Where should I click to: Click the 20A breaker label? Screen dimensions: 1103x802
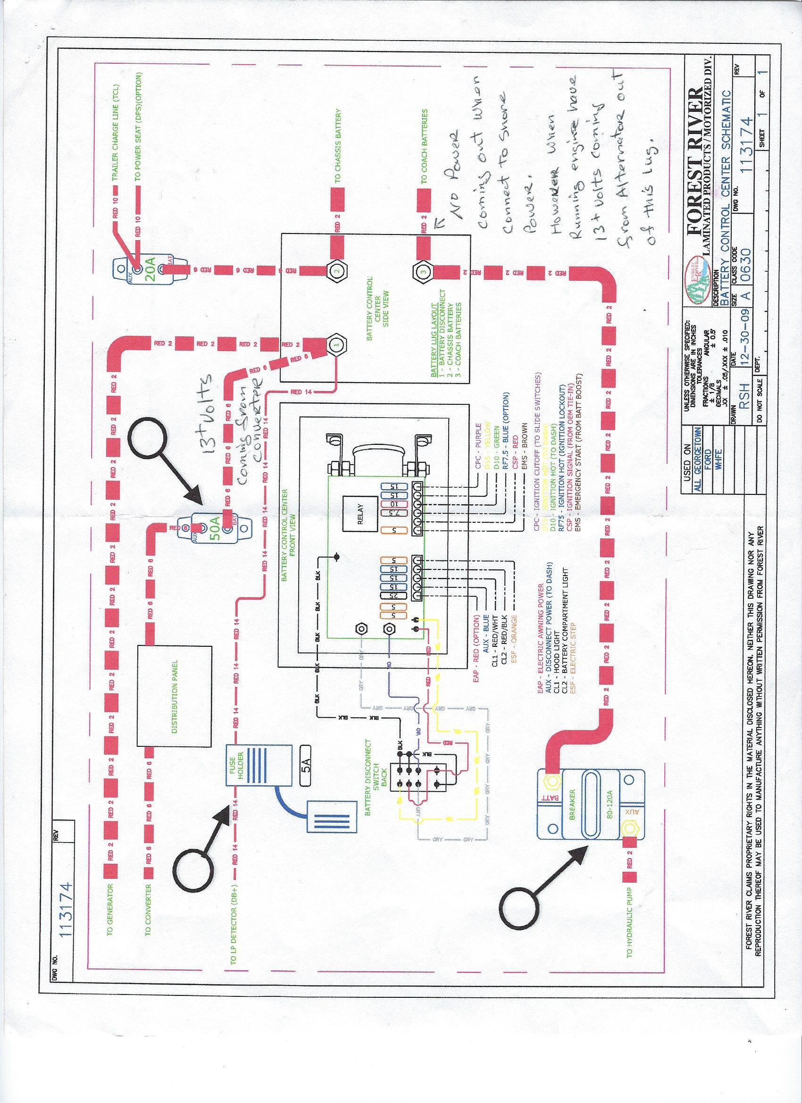click(150, 269)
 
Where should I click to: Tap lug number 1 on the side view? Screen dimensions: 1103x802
click(336, 344)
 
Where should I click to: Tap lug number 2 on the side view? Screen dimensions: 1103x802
click(337, 270)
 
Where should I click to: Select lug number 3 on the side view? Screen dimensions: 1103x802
click(423, 271)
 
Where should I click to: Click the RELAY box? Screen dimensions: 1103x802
click(360, 514)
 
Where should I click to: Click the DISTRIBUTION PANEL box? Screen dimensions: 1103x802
click(174, 696)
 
